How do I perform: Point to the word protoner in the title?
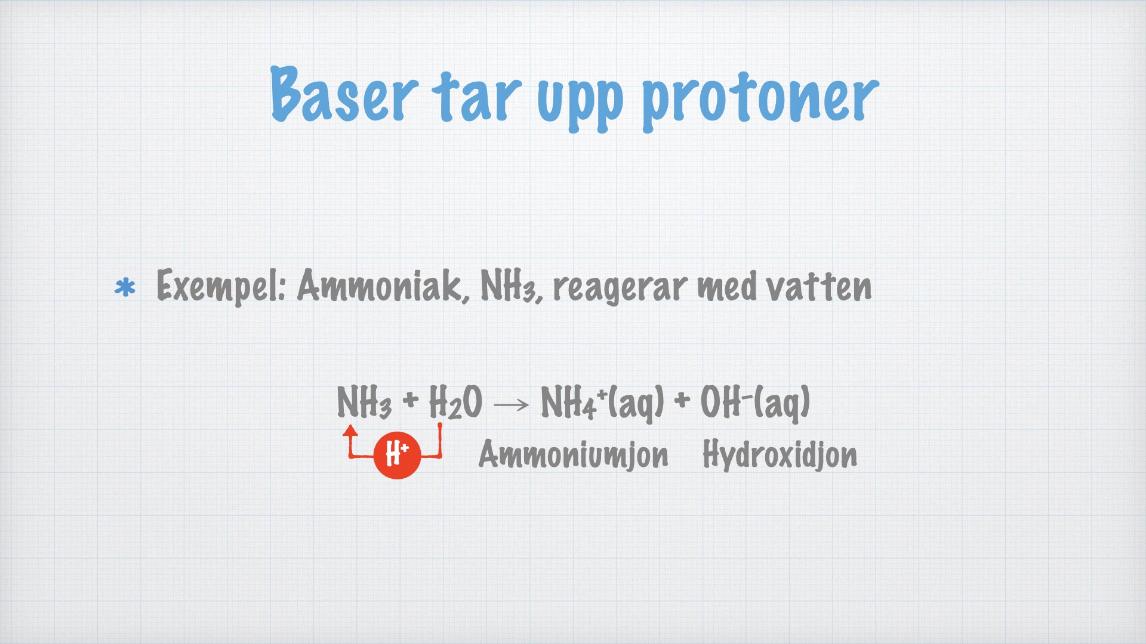[x=760, y=101]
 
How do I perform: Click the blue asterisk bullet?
[x=125, y=289]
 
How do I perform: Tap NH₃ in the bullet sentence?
[x=511, y=286]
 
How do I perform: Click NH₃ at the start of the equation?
[x=364, y=402]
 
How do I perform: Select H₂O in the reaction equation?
[x=455, y=402]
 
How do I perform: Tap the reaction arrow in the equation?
[x=512, y=405]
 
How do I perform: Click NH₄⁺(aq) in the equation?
[x=602, y=403]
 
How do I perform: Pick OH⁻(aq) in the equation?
[x=754, y=403]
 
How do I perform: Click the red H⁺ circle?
[x=397, y=455]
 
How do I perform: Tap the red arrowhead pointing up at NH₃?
[x=350, y=431]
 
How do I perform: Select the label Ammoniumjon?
[x=573, y=456]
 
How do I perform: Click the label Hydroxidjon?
[x=780, y=456]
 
